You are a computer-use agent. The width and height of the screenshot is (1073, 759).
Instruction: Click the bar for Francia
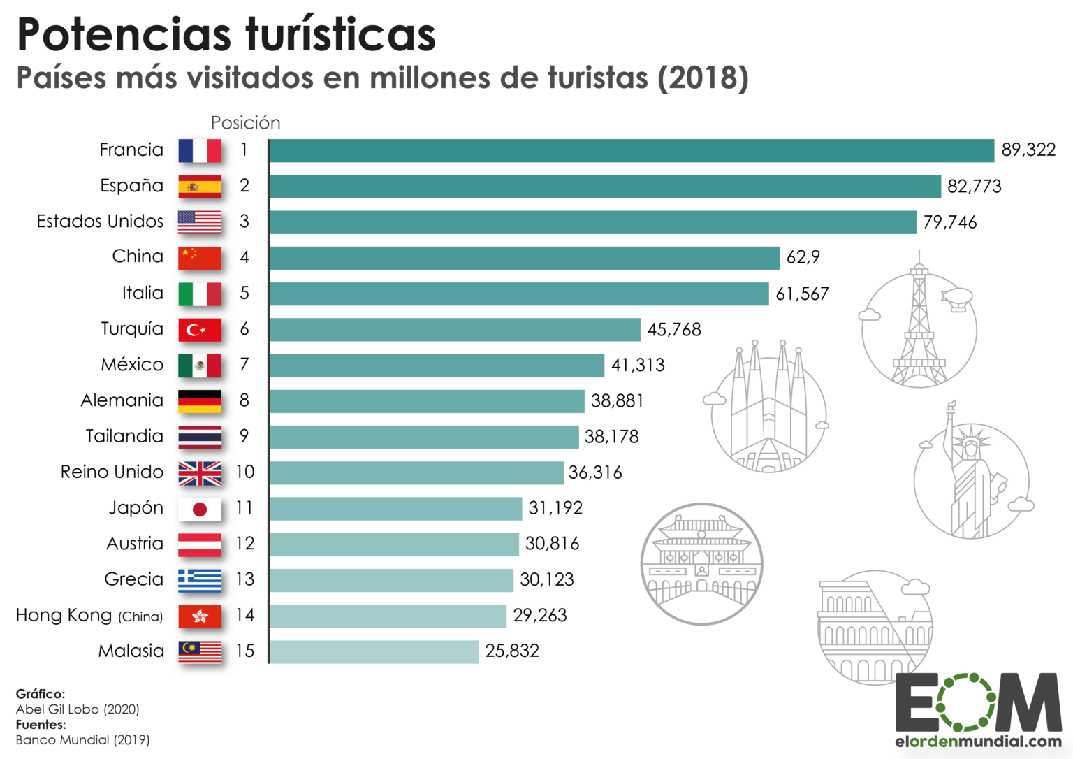[632, 150]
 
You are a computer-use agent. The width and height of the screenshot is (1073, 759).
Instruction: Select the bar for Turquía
[455, 329]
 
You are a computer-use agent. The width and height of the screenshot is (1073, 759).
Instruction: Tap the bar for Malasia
[374, 651]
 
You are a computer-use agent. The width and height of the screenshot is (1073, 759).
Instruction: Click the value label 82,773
[974, 187]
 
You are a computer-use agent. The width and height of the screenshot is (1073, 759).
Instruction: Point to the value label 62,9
[803, 257]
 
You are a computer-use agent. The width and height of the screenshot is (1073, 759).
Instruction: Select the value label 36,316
[594, 472]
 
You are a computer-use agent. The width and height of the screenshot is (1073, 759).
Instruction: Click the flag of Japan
[200, 509]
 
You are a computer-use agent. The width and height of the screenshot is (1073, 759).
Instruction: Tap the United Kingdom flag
[200, 473]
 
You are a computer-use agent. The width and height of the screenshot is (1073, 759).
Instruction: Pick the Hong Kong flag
[200, 616]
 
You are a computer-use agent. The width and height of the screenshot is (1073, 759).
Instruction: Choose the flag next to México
[200, 365]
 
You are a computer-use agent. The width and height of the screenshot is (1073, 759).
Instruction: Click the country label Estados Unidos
[100, 222]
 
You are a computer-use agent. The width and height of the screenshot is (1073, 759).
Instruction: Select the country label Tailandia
[124, 436]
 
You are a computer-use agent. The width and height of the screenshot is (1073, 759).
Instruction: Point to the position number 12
[244, 544]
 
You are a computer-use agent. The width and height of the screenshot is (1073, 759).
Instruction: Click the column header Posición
[245, 123]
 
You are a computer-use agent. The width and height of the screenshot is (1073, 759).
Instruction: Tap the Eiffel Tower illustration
[919, 328]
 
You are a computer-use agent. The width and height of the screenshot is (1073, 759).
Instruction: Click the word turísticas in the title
[340, 35]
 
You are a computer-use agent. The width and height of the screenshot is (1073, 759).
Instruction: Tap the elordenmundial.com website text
[978, 742]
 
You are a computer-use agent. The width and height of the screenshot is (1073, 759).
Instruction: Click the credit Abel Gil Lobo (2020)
[78, 709]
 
